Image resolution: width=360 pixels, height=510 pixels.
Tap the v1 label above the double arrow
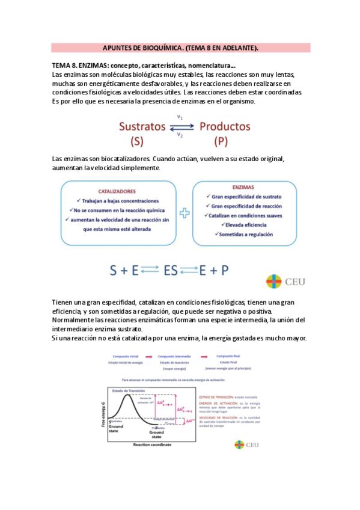[180, 118]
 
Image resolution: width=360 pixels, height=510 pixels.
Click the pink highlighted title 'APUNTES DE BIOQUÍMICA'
[180, 48]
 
